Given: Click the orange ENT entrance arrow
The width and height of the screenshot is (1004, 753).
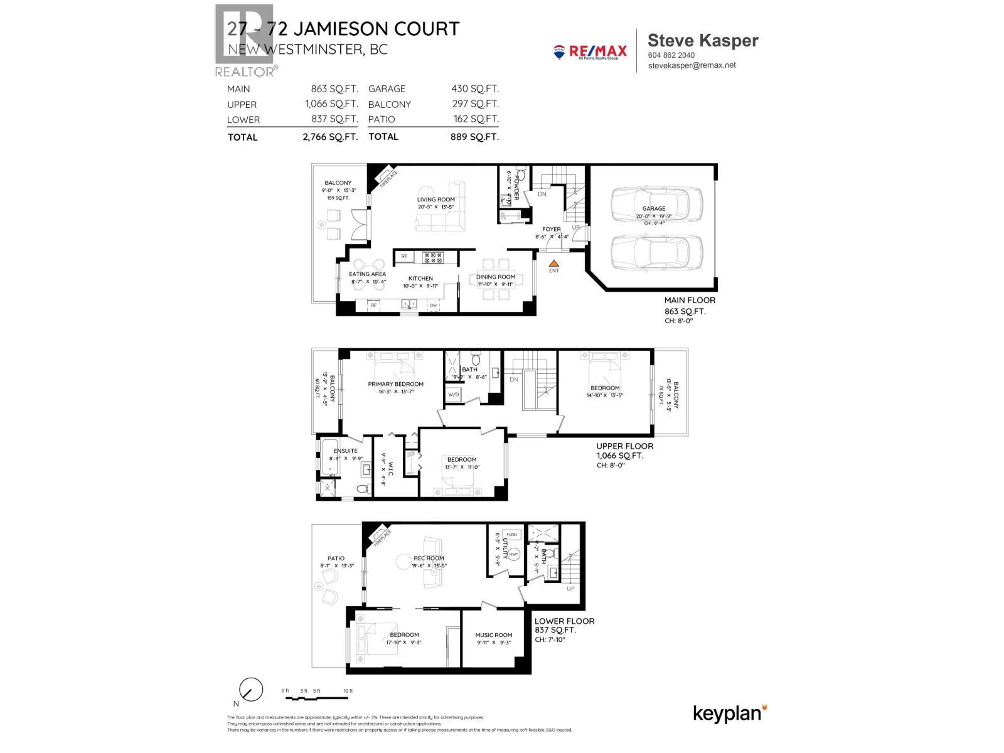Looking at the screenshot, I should click(x=553, y=264).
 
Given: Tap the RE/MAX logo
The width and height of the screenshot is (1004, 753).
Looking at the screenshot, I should click(x=590, y=51).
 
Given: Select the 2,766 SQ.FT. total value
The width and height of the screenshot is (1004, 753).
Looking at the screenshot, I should click(x=330, y=137).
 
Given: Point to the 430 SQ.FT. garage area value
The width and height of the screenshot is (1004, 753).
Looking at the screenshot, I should click(x=475, y=89).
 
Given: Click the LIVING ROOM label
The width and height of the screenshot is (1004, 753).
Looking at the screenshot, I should click(x=435, y=200).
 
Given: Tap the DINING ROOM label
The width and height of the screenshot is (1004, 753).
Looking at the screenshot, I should click(x=496, y=277).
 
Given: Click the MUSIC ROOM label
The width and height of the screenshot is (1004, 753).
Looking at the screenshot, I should click(x=493, y=635).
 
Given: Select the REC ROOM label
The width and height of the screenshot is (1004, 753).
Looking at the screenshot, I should click(x=429, y=558).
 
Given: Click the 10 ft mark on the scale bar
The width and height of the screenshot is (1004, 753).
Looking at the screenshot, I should click(x=348, y=691).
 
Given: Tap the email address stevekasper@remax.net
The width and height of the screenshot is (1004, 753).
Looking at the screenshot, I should click(x=692, y=65).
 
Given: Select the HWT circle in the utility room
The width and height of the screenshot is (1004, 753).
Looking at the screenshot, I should click(x=513, y=554).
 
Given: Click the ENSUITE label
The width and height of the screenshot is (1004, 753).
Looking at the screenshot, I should click(x=345, y=451).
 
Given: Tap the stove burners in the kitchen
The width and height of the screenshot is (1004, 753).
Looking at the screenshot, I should click(x=433, y=257).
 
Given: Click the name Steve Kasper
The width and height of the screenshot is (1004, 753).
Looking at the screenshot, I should click(x=703, y=40).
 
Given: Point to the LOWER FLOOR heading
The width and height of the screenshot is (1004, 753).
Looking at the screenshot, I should click(x=564, y=621).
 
